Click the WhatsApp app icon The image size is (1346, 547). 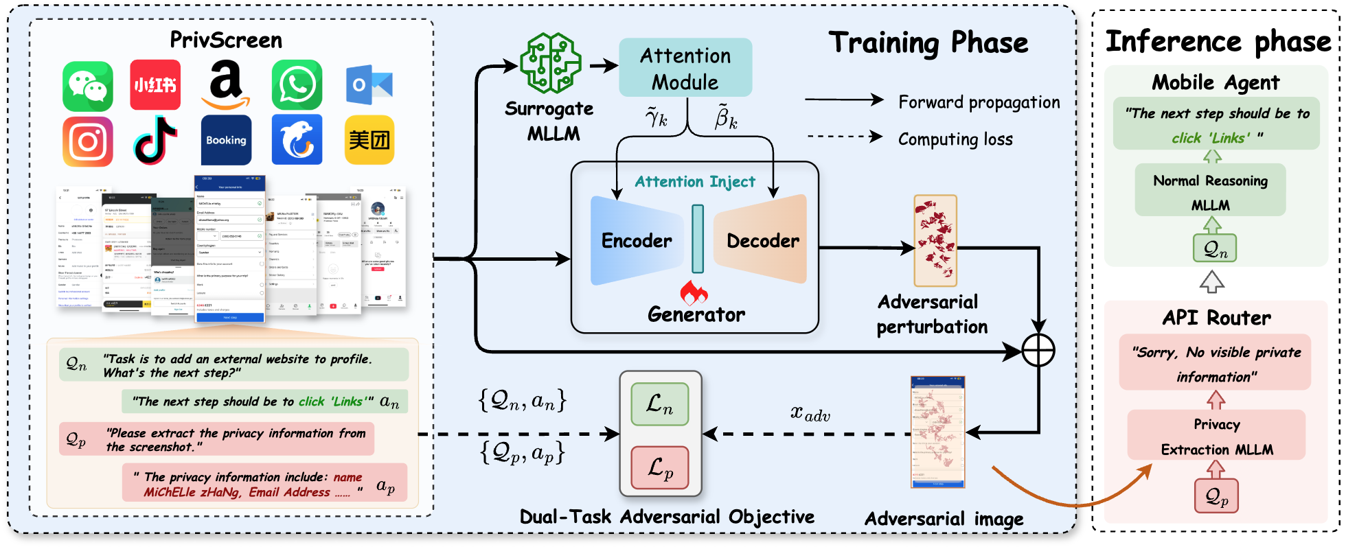click(297, 85)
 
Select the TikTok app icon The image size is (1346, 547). click(155, 140)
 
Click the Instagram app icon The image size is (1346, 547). click(88, 141)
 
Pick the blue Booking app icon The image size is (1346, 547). click(226, 140)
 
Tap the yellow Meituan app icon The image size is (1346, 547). click(369, 140)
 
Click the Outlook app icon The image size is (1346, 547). click(369, 85)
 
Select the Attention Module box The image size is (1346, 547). click(685, 68)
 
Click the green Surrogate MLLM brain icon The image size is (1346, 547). click(550, 63)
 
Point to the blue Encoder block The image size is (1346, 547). click(636, 241)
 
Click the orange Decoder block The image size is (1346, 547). click(762, 240)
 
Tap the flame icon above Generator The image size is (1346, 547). click(694, 292)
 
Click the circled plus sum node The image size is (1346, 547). click(1038, 351)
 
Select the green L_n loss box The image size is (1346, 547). click(659, 404)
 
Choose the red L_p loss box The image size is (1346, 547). click(659, 467)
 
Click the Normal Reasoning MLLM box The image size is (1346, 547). click(1210, 192)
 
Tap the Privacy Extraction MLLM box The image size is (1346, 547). click(1216, 437)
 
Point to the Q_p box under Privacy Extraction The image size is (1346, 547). click(1216, 496)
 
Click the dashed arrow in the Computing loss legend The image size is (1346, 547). click(845, 137)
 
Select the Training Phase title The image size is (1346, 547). click(928, 43)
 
